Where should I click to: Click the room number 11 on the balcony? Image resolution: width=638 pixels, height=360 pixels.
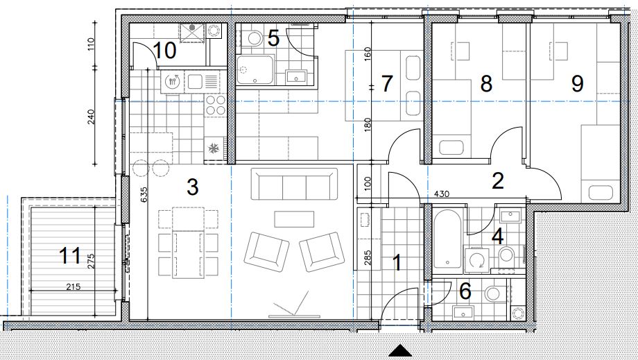[69, 256]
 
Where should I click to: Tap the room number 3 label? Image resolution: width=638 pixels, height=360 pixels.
[193, 187]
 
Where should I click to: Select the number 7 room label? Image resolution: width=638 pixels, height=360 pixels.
[386, 83]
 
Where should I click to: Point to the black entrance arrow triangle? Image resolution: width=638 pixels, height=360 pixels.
[400, 351]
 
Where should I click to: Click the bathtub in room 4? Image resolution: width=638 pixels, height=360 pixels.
[447, 239]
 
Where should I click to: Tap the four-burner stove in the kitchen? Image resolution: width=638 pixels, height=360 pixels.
[216, 105]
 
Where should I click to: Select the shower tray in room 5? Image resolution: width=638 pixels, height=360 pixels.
[255, 70]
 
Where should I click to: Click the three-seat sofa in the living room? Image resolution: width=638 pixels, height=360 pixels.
[294, 184]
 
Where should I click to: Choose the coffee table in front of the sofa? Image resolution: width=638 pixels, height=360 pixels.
[294, 219]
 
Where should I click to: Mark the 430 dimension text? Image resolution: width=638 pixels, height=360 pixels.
[442, 194]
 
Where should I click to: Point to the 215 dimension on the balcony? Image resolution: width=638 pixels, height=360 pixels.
[74, 286]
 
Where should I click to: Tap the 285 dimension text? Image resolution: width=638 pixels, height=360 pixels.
[368, 258]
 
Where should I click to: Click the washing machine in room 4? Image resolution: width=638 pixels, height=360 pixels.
[476, 260]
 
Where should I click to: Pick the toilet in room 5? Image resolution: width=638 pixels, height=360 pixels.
[255, 38]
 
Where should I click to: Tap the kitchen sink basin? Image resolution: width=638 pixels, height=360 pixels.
[193, 81]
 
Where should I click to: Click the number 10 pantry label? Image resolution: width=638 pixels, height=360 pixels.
[164, 51]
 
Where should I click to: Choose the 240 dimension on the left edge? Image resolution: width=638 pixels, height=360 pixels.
[91, 117]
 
